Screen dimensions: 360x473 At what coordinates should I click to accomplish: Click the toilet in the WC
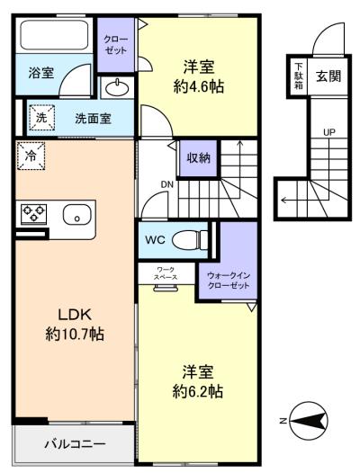click(x=190, y=240)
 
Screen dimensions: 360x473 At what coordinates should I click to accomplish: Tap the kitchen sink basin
click(x=77, y=215)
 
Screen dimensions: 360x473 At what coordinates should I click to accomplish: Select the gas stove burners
click(x=33, y=214)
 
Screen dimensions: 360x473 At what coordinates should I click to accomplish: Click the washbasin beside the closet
click(x=117, y=88)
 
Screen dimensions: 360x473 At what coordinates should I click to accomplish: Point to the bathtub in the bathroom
click(x=54, y=35)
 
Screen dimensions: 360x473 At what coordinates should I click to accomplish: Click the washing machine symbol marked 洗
click(x=41, y=118)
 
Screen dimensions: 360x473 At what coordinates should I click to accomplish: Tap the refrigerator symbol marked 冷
click(x=31, y=156)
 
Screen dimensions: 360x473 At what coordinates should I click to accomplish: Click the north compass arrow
click(x=309, y=421)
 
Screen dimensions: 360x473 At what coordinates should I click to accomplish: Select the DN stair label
click(x=167, y=184)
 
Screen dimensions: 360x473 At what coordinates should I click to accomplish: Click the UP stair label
click(x=329, y=132)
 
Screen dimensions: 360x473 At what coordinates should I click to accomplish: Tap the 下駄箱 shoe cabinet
click(x=299, y=76)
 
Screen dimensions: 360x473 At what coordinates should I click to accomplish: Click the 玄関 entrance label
click(x=328, y=76)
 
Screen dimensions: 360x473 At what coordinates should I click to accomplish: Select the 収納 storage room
click(x=198, y=158)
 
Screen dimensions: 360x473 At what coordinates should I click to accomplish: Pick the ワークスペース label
click(x=166, y=273)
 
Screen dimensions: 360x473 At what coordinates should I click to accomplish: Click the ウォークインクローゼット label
click(x=229, y=281)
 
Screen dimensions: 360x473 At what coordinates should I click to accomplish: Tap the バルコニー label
click(x=76, y=443)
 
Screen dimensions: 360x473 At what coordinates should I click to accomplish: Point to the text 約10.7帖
click(x=75, y=335)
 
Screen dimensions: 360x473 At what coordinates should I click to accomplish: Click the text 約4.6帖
click(x=198, y=87)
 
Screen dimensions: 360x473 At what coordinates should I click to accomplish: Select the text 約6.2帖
click(x=198, y=391)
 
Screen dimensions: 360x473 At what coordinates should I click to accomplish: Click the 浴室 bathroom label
click(x=41, y=73)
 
